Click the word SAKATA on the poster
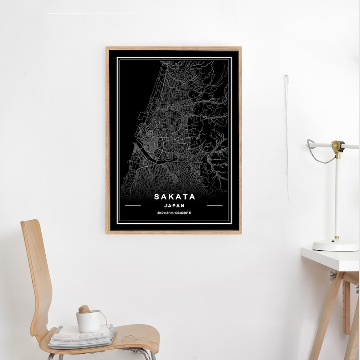click(175, 197)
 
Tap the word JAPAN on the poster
click(175, 205)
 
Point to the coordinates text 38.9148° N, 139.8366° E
click(174, 213)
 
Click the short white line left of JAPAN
click(132, 205)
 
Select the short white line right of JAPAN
click(214, 205)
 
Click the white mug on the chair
click(88, 321)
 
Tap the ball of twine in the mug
click(84, 309)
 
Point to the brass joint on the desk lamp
click(336, 146)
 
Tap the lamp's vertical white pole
click(337, 195)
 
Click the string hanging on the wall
click(287, 136)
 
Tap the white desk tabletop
click(331, 259)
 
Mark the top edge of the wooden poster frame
click(173, 48)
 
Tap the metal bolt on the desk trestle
click(333, 275)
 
